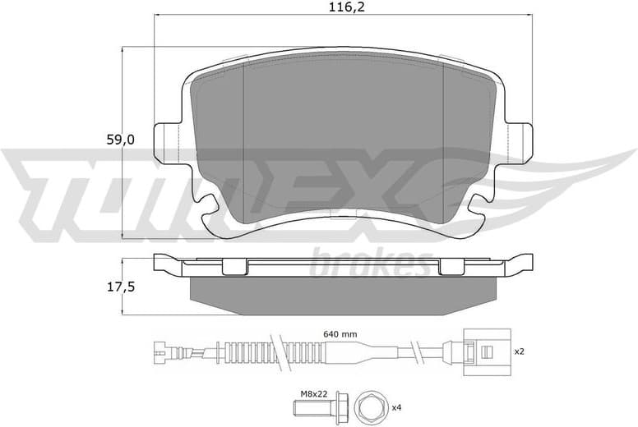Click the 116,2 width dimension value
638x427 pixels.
tap(337, 10)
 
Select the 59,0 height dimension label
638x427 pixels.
tap(120, 140)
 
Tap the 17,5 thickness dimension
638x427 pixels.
tap(120, 287)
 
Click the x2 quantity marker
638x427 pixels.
tap(519, 351)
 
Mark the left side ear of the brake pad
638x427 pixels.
tap(170, 140)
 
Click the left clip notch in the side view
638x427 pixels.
tap(235, 266)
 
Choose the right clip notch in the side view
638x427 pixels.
tap(451, 266)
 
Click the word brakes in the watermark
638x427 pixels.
tap(370, 265)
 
